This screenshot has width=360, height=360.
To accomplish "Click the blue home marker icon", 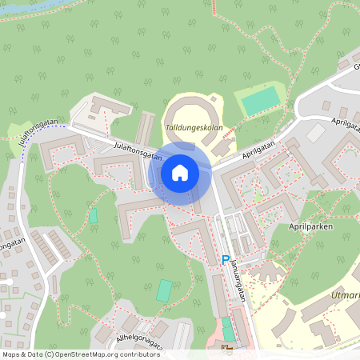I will pyautogui.click(x=180, y=173).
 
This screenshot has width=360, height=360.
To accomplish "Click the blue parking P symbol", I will pyautogui.click(x=225, y=260).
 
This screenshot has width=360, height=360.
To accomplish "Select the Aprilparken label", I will pyautogui.click(x=312, y=226).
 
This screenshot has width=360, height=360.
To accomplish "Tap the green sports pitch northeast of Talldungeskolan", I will pyautogui.click(x=262, y=100).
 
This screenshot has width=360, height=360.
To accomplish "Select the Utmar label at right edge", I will pyautogui.click(x=346, y=296).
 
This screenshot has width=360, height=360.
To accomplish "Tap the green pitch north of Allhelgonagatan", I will pyautogui.click(x=164, y=290).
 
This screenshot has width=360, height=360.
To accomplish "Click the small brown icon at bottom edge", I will pyautogui.click(x=226, y=350).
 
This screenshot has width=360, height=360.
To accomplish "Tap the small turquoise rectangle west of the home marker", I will pyautogui.click(x=94, y=215).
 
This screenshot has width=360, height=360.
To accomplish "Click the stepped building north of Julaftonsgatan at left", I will pyautogui.click(x=107, y=107).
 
